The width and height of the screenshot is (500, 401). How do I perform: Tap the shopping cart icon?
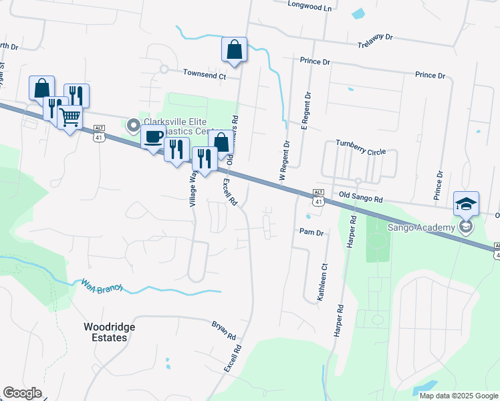[x=70, y=118]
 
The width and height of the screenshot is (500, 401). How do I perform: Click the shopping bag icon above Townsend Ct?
[x=234, y=49]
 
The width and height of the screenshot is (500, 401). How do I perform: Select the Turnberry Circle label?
[x=360, y=148]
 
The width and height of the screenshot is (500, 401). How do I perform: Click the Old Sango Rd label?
[x=360, y=198]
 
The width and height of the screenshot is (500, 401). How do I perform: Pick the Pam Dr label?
[x=311, y=233]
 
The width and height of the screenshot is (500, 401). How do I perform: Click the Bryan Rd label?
[x=224, y=330]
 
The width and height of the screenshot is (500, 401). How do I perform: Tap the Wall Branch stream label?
[x=102, y=287]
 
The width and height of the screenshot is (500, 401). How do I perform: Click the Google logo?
[x=22, y=393]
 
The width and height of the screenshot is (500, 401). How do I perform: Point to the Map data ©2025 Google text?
[x=458, y=396]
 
